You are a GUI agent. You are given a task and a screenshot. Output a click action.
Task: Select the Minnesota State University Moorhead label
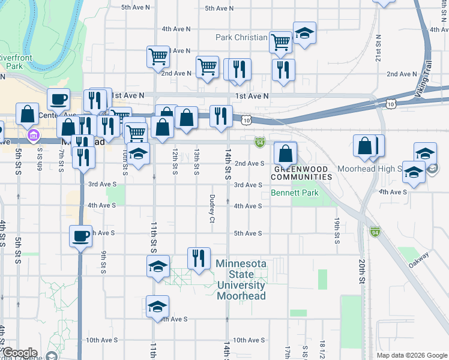tap(240, 280)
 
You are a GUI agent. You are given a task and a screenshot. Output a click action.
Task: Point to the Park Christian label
tap(241, 37)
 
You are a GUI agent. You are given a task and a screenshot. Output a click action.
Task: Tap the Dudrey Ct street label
tap(212, 208)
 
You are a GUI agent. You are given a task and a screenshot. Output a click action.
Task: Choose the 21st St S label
tap(379, 49)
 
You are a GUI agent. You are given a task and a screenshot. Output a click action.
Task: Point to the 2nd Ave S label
tap(250, 163)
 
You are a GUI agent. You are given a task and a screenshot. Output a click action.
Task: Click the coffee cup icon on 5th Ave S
tap(80, 235)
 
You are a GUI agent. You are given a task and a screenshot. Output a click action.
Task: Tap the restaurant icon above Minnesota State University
tap(198, 258)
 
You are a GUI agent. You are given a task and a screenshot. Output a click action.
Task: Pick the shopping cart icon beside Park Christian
tap(280, 41)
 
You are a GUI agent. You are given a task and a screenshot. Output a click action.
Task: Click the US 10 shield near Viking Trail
tap(391, 105)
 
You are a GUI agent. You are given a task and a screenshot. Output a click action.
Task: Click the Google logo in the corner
tap(19, 353)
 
